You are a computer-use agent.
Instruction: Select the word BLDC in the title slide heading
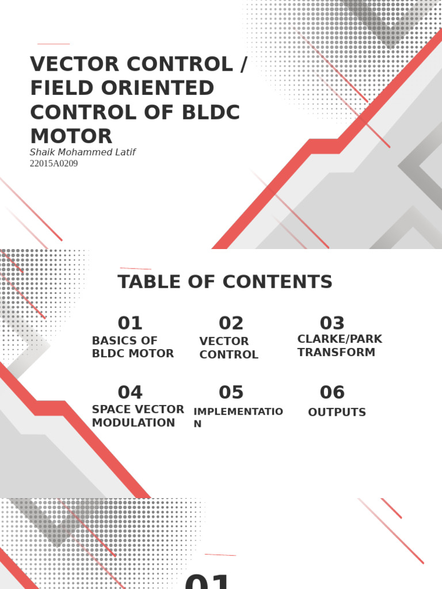pyautogui.click(x=209, y=112)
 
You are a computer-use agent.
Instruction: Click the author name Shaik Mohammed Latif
pyautogui.click(x=82, y=152)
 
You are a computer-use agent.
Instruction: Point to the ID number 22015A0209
pyautogui.click(x=54, y=163)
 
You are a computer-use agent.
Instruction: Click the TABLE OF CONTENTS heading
pyautogui.click(x=225, y=282)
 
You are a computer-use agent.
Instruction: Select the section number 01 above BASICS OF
pyautogui.click(x=130, y=323)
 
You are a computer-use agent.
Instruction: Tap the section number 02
pyautogui.click(x=231, y=323)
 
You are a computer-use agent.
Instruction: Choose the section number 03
pyautogui.click(x=332, y=323)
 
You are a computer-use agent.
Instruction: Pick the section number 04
pyautogui.click(x=130, y=392)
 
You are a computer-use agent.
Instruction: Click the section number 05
pyautogui.click(x=231, y=392)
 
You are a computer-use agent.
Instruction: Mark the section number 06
pyautogui.click(x=332, y=392)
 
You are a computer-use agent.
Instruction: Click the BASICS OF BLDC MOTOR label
pyautogui.click(x=133, y=347)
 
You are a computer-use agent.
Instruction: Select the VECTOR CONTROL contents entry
pyautogui.click(x=228, y=348)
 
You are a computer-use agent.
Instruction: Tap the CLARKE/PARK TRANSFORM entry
pyautogui.click(x=340, y=346)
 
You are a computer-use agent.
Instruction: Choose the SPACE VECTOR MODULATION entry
pyautogui.click(x=138, y=416)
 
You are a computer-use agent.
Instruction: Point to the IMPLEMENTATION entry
pyautogui.click(x=238, y=417)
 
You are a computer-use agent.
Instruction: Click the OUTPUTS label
pyautogui.click(x=337, y=412)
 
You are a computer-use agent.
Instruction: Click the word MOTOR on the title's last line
pyautogui.click(x=71, y=136)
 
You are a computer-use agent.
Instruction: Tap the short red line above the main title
pyautogui.click(x=54, y=44)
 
